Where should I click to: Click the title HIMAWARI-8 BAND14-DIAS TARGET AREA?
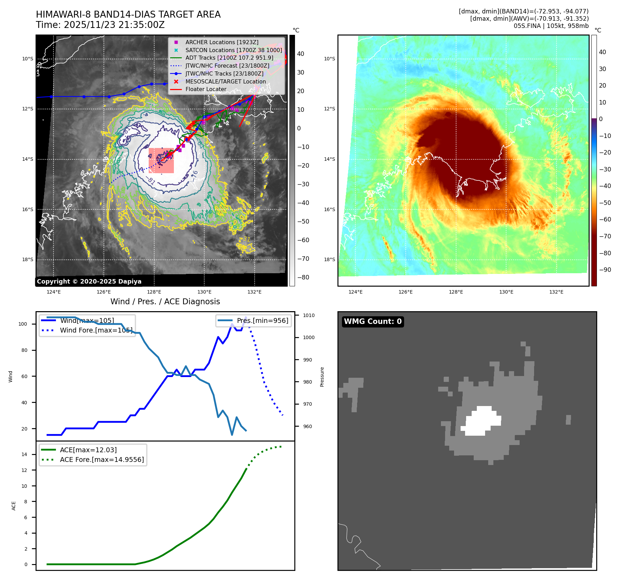click(x=128, y=14)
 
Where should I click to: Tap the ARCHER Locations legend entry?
click(x=222, y=42)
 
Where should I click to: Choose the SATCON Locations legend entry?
click(x=233, y=50)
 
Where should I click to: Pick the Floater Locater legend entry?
click(x=206, y=89)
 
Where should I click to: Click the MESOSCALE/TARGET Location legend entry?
click(x=225, y=81)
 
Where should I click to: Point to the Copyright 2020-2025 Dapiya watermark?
click(x=89, y=281)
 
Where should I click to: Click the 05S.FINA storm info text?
click(x=551, y=26)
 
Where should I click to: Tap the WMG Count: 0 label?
click(x=373, y=322)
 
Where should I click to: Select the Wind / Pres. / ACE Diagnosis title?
click(x=165, y=302)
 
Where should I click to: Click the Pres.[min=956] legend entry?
click(x=262, y=320)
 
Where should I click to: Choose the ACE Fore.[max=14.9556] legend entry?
click(x=102, y=460)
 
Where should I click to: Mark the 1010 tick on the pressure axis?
click(x=308, y=315)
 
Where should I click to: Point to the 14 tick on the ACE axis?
click(x=24, y=454)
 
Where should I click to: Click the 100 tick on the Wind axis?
click(x=23, y=324)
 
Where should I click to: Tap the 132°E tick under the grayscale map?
click(x=254, y=292)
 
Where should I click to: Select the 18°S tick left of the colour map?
click(x=329, y=259)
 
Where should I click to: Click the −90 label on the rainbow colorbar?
click(x=605, y=270)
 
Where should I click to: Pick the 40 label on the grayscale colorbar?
click(x=301, y=54)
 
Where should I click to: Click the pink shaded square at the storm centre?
click(x=161, y=160)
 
